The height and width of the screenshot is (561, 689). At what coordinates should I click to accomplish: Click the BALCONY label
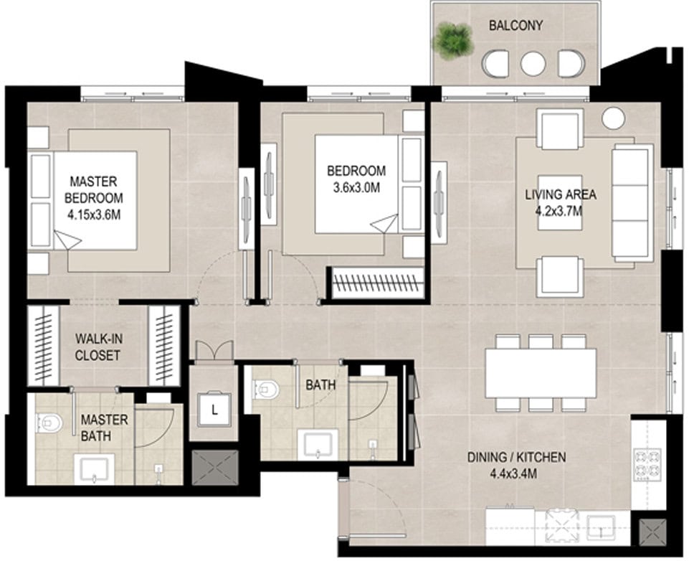pyautogui.click(x=516, y=26)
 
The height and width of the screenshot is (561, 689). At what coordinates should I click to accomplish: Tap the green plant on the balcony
pyautogui.click(x=453, y=41)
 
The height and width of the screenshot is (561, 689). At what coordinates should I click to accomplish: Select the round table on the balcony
pyautogui.click(x=533, y=63)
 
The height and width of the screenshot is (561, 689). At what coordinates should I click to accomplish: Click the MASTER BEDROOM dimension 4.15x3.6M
pyautogui.click(x=94, y=215)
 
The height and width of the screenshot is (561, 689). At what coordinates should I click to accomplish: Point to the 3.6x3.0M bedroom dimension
pyautogui.click(x=356, y=188)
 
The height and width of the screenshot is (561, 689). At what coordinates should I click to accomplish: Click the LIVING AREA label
pyautogui.click(x=560, y=194)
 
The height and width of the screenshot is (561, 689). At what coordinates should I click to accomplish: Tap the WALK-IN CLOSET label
pyautogui.click(x=98, y=347)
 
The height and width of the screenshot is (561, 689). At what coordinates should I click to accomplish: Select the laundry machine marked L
pyautogui.click(x=214, y=410)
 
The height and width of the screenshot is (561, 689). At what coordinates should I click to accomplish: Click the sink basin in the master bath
pyautogui.click(x=94, y=469)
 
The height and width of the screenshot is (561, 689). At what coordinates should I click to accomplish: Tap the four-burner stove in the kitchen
pyautogui.click(x=647, y=464)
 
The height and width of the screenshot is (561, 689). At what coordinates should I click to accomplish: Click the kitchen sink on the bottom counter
pyautogui.click(x=601, y=527)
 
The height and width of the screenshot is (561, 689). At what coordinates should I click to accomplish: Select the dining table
pyautogui.click(x=541, y=373)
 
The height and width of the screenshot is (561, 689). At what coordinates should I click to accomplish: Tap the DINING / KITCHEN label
pyautogui.click(x=516, y=457)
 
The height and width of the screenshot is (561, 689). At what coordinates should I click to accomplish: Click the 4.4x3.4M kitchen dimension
pyautogui.click(x=513, y=473)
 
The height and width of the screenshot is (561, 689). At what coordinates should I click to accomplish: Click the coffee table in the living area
pyautogui.click(x=560, y=203)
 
